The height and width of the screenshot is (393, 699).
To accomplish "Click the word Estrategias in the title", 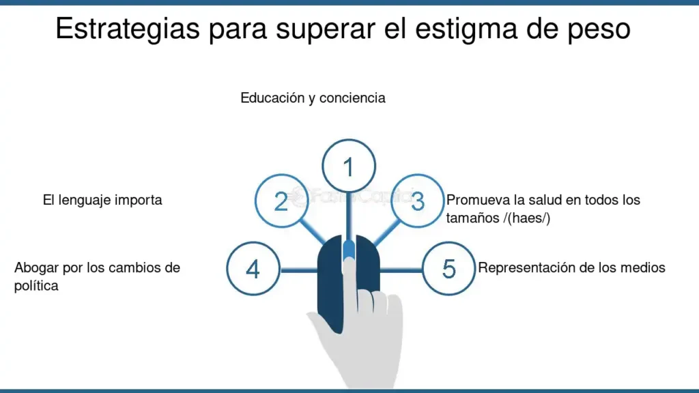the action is tap(128, 29).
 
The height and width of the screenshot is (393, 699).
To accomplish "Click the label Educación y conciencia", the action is tap(313, 98).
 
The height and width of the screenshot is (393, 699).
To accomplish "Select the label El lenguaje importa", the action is tap(102, 200).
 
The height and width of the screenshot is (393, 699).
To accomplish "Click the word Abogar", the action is tap(37, 267).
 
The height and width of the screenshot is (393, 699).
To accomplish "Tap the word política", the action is tap(36, 286).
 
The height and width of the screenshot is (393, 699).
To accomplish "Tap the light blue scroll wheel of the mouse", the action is tap(349, 250).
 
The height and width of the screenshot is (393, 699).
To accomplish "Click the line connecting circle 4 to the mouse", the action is tap(299, 270).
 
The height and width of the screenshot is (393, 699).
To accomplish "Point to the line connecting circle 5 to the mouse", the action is tap(401, 270).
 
